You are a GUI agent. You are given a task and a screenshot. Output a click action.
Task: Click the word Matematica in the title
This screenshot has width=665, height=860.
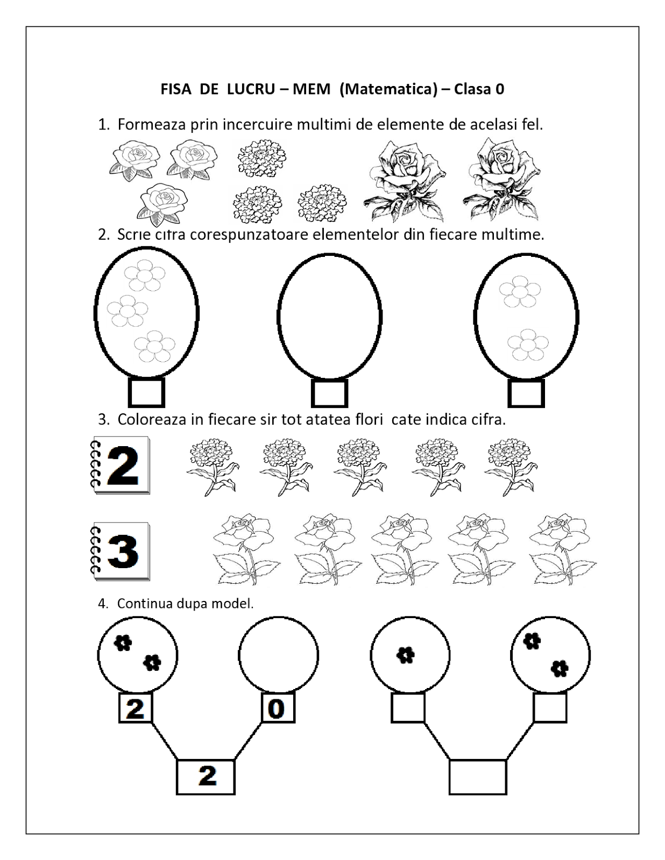pos(388,89)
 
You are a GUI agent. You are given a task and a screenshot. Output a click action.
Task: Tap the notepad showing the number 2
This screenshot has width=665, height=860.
pos(120,465)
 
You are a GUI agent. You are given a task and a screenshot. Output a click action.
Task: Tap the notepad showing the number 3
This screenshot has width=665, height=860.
pos(120,551)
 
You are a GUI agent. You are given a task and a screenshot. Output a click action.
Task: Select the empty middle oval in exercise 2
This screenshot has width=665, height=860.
pos(329,317)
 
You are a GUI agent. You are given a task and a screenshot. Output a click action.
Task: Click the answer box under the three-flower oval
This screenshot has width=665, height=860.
pos(146,393)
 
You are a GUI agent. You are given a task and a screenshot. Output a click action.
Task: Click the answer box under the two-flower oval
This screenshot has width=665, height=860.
pos(526,393)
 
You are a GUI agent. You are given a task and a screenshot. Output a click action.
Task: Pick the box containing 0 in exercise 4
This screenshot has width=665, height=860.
pos(278,708)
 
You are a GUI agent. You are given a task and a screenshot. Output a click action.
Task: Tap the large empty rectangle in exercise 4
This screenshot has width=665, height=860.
pos(478,777)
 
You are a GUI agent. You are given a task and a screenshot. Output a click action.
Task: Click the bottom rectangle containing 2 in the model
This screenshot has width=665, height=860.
pos(206,777)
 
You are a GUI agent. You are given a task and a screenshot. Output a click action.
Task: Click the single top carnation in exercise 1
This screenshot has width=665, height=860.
pos(261,159)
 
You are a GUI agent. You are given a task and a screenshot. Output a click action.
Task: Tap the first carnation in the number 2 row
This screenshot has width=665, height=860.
pos(212,465)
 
